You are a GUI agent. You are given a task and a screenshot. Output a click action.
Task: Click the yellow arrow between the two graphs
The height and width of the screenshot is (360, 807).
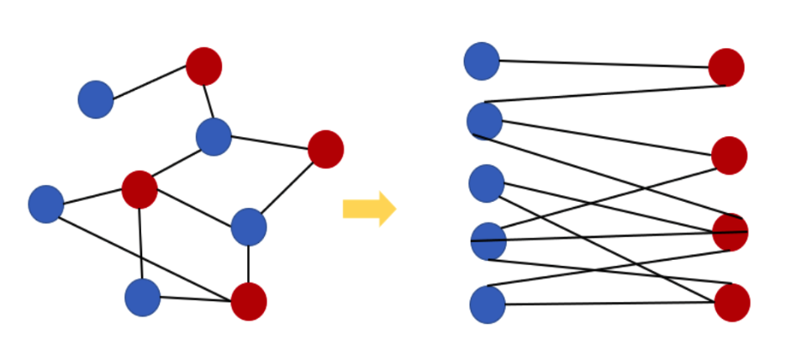[369, 209]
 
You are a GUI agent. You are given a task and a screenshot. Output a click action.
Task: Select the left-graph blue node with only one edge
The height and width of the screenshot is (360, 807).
[96, 99]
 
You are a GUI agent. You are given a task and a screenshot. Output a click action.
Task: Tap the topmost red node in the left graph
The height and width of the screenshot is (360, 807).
[204, 66]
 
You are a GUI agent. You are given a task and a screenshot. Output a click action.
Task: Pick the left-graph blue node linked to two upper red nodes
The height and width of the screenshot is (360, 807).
[214, 136]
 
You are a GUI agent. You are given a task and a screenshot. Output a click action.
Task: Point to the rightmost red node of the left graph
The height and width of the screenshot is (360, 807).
[325, 149]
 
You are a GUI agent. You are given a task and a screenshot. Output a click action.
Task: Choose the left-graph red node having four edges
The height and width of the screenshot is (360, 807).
[140, 189]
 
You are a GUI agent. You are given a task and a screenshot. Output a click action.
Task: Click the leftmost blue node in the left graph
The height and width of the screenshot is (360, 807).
[46, 204]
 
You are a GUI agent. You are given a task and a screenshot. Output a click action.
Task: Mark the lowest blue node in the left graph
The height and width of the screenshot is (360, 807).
[143, 297]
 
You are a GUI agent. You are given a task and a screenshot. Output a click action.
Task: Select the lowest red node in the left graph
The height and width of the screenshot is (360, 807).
[249, 301]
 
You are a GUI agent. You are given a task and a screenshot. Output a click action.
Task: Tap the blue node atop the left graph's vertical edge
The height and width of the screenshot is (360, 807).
[249, 226]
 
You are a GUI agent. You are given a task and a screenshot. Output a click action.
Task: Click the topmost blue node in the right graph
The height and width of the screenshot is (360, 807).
[482, 61]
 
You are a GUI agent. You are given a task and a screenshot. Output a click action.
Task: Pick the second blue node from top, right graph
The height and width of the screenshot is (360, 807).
[485, 121]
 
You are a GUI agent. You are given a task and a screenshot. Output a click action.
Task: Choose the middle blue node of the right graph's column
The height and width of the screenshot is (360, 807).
[487, 183]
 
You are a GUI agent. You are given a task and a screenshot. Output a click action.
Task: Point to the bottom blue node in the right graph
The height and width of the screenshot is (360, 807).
[488, 304]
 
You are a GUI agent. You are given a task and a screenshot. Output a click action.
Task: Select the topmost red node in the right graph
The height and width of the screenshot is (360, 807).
[726, 67]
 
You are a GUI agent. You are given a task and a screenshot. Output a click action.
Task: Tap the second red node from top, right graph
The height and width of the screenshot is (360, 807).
[729, 156]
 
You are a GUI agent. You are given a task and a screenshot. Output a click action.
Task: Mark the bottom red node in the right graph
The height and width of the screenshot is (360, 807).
[732, 303]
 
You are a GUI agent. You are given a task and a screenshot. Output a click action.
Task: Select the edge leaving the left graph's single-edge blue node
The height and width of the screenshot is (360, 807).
[150, 82]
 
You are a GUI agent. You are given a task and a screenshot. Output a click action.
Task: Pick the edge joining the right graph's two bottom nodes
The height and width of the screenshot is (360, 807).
[609, 304]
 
